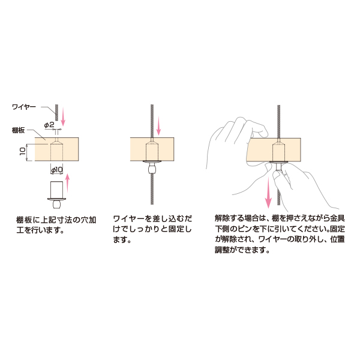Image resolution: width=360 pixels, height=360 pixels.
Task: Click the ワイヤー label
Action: point(24,107)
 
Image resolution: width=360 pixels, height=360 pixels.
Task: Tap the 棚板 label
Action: point(19,130)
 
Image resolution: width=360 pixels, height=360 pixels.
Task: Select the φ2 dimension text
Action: point(49,125)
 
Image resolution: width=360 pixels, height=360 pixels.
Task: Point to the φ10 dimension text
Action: point(57,170)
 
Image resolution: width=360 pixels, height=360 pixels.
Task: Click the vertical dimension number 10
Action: point(23,151)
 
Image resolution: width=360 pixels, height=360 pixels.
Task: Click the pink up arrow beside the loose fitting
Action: point(67,183)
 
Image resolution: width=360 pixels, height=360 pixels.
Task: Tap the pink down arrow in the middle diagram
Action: point(158,125)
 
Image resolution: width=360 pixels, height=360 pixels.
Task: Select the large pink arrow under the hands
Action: point(268,192)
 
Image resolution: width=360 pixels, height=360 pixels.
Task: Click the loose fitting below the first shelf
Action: point(56,194)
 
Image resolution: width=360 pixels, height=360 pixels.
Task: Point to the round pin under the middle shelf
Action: point(152,170)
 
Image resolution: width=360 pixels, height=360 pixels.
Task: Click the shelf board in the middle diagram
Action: point(152,149)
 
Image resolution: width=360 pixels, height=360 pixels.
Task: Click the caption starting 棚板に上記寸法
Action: point(56,225)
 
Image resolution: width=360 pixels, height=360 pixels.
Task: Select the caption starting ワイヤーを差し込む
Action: point(152,229)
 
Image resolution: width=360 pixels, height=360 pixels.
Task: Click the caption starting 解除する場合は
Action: point(280,234)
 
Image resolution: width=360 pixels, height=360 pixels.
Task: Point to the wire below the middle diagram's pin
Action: point(152,189)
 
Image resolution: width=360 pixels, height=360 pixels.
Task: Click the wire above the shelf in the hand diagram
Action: point(279,122)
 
